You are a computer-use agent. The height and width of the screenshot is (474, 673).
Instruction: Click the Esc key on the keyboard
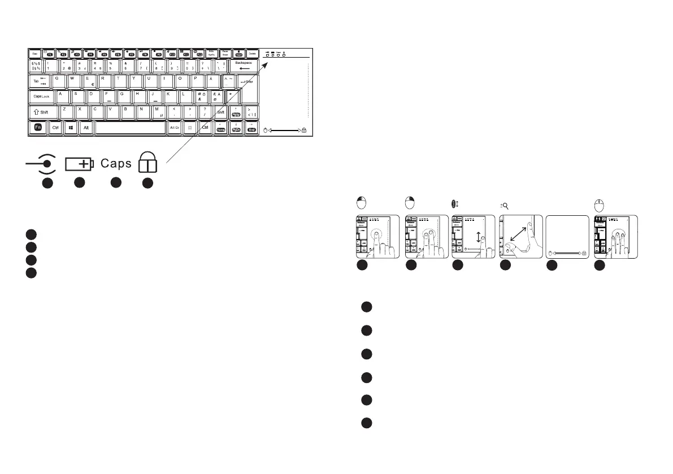click(x=35, y=53)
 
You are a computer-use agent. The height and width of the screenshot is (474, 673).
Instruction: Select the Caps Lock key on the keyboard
click(x=41, y=97)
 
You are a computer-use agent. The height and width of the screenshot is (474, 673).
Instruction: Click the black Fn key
click(x=37, y=128)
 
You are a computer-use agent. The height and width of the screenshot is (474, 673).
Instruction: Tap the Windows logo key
click(x=71, y=128)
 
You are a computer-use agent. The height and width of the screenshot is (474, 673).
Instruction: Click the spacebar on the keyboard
click(x=131, y=128)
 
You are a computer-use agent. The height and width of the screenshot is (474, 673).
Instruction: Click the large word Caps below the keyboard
click(x=116, y=164)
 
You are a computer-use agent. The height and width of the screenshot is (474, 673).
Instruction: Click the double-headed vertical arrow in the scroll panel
click(x=478, y=238)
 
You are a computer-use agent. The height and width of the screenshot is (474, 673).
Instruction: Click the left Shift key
click(x=41, y=112)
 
